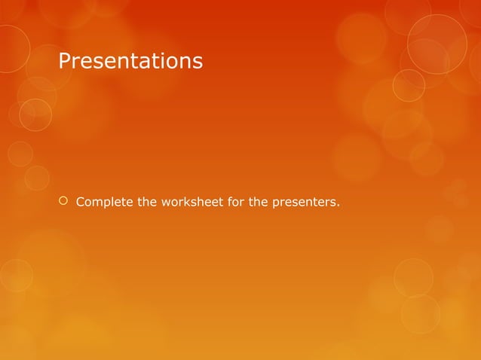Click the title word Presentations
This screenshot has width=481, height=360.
tap(130, 61)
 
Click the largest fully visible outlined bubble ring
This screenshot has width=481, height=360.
tap(437, 44)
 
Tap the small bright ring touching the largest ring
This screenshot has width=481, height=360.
tap(409, 84)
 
